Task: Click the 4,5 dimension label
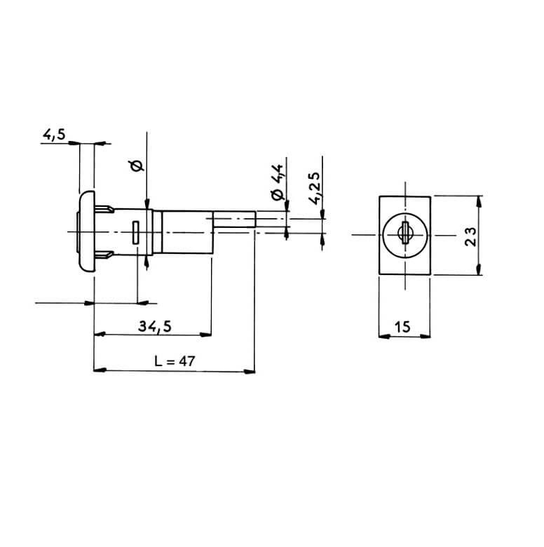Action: click(x=54, y=135)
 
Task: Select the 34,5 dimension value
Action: click(x=155, y=327)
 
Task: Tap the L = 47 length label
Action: click(x=175, y=360)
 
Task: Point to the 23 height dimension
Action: click(x=470, y=236)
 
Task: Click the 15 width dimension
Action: click(x=402, y=327)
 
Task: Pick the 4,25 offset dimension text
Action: click(x=315, y=188)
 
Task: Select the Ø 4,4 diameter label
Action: click(x=278, y=182)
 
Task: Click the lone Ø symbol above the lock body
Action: click(x=137, y=166)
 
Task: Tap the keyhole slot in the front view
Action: click(x=405, y=233)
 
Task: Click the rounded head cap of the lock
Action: click(x=87, y=231)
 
